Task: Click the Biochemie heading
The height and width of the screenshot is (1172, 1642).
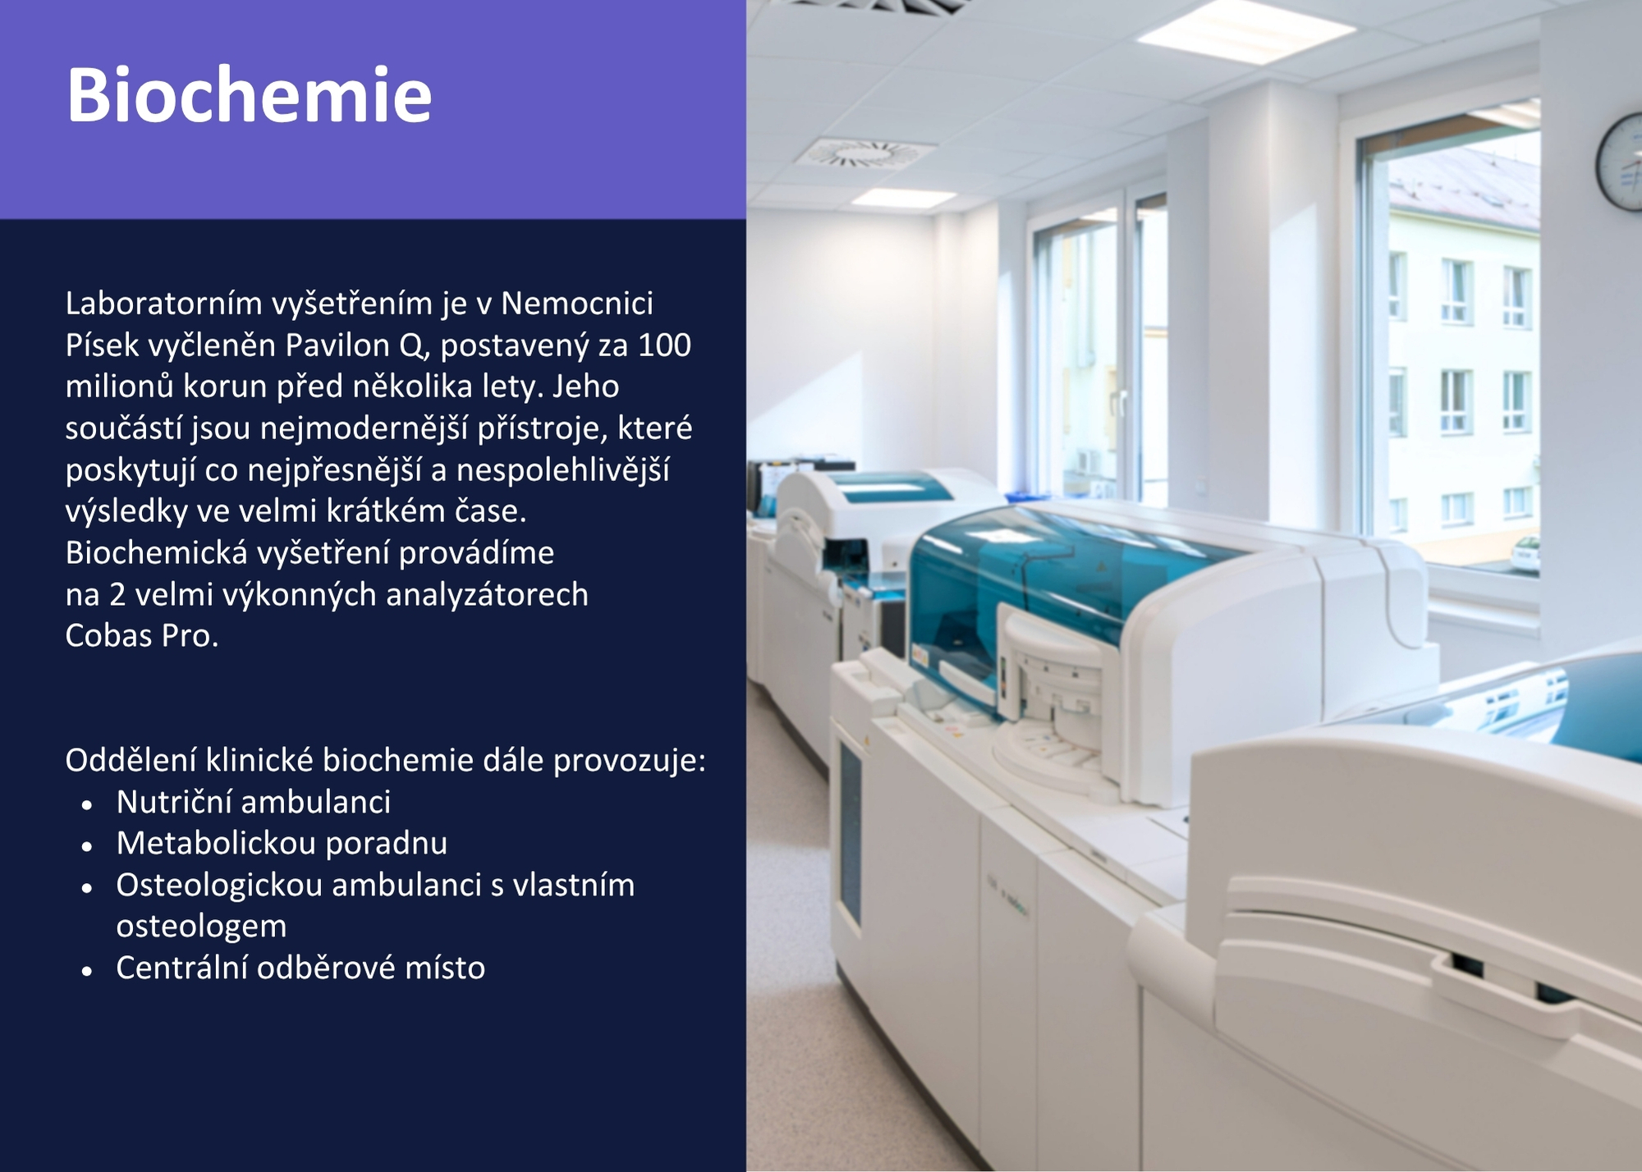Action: (249, 95)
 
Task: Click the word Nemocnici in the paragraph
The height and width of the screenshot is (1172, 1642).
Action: (577, 304)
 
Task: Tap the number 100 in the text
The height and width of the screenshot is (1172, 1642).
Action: (664, 345)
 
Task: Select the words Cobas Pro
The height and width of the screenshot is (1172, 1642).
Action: (142, 636)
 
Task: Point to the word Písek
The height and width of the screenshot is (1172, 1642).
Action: (103, 345)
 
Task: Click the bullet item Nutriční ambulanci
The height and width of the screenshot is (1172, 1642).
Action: (254, 802)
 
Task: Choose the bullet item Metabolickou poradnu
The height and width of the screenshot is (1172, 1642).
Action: (282, 843)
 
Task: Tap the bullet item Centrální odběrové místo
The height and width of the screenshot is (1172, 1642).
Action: (300, 968)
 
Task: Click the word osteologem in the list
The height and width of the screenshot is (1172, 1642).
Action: (201, 927)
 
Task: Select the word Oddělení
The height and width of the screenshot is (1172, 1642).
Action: (131, 760)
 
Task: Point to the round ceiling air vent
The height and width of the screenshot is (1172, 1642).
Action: (867, 153)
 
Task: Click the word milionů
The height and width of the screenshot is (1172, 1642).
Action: (119, 387)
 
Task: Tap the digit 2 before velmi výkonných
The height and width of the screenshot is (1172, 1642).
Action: (117, 595)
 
